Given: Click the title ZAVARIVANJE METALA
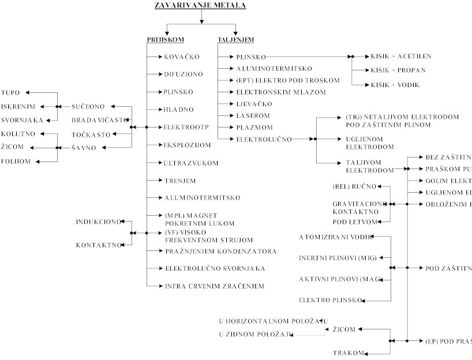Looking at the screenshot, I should tap(200, 6).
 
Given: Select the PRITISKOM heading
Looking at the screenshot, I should tap(165, 39).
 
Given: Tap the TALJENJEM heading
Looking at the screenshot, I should tap(235, 39).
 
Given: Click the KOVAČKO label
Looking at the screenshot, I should tap(181, 57).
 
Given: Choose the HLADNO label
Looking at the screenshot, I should tap(179, 110).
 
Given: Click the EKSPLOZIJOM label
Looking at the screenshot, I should tap(188, 145).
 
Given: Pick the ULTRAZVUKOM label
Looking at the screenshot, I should tap(191, 163).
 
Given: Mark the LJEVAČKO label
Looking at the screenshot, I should tap(254, 104).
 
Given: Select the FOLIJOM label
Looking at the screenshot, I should tap(16, 162).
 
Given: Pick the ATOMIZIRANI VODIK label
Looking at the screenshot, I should tap(335, 237).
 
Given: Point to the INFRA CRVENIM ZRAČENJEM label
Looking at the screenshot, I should tap(214, 286).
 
